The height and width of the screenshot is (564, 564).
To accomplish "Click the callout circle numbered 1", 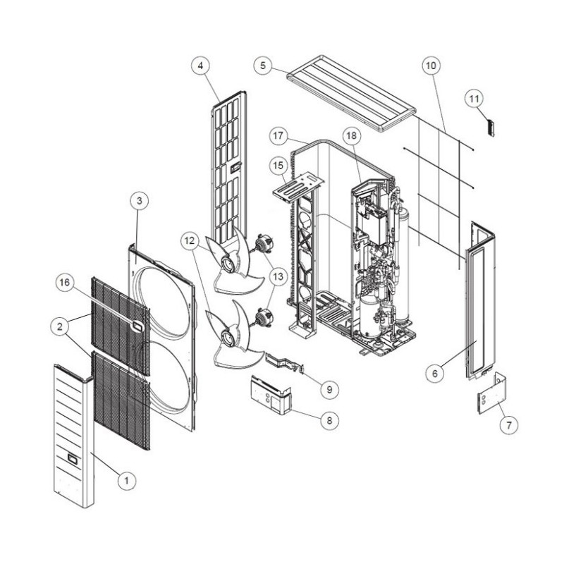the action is (x=127, y=480).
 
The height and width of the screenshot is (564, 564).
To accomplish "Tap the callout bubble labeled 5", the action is (x=263, y=66).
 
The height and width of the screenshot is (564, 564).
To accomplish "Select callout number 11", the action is (x=474, y=99).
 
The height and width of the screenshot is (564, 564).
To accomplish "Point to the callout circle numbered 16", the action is (x=65, y=283).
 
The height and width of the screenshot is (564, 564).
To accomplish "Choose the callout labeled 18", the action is (x=351, y=135).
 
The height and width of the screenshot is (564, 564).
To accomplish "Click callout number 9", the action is (x=329, y=389).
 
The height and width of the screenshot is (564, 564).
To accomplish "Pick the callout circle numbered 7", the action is (x=509, y=426).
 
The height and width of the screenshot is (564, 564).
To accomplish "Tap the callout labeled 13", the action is (x=278, y=276).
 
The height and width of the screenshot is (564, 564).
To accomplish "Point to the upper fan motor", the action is (x=264, y=242).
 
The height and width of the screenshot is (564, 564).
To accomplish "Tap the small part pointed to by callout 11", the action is (x=490, y=128).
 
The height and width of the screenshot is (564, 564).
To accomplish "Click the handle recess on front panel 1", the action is (x=73, y=459).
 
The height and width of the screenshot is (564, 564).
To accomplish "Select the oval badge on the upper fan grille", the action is (x=137, y=326).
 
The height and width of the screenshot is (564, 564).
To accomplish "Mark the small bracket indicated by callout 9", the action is (x=285, y=362).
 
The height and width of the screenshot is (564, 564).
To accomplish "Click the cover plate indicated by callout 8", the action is (x=271, y=395).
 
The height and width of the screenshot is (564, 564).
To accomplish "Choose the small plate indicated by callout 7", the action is (x=492, y=395).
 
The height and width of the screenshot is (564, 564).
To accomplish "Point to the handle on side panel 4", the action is (x=235, y=167).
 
